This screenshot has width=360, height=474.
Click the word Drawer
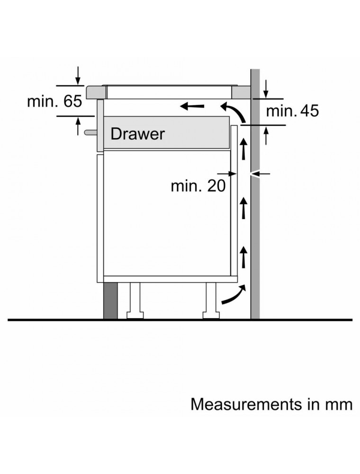click(x=137, y=134)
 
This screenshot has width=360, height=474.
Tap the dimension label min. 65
click(x=54, y=101)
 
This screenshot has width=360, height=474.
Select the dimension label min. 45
click(x=292, y=111)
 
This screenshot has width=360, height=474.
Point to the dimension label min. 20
click(x=198, y=186)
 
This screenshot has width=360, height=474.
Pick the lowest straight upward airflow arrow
click(x=244, y=256)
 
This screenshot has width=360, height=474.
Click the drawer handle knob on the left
click(x=90, y=132)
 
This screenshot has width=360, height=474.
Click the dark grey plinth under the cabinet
click(x=110, y=301)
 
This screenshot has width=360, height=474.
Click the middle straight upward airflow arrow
click(x=244, y=207)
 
